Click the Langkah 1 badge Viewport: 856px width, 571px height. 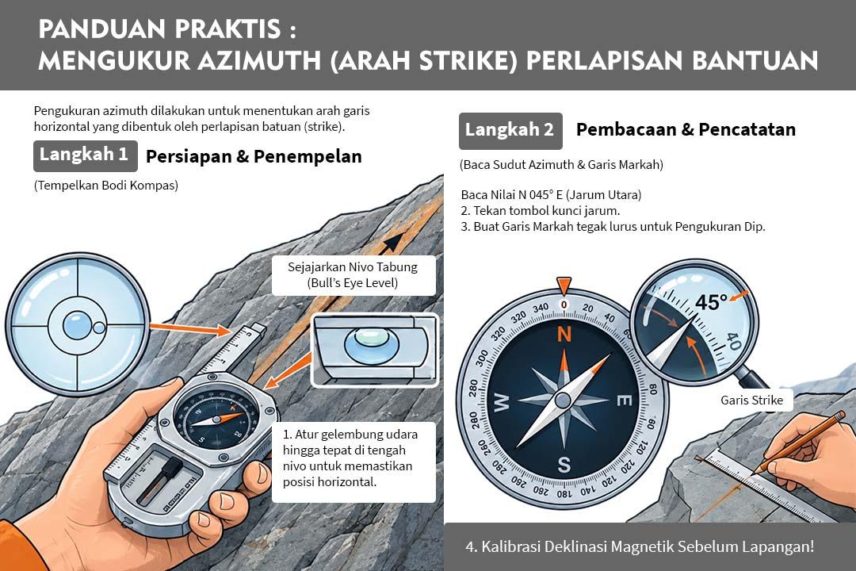click(85, 155)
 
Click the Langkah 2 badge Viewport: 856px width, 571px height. click(510, 131)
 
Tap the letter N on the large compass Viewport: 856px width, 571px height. click(564, 333)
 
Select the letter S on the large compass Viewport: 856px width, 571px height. click(564, 465)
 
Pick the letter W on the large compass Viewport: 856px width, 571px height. click(502, 402)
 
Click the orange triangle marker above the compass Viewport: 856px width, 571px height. click(564, 285)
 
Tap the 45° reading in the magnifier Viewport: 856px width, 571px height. click(711, 302)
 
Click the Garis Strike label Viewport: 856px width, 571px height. click(751, 400)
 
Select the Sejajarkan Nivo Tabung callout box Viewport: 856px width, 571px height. click(353, 275)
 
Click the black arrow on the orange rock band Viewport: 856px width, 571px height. click(392, 243)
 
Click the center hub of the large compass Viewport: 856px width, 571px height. click(563, 401)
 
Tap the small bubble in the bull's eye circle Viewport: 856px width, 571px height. click(99, 328)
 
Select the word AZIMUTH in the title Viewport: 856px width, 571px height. click(259, 60)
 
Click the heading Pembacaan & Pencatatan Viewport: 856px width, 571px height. click(686, 129)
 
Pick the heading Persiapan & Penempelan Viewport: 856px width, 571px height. click(254, 156)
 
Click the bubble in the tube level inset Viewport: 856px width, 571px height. click(371, 343)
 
